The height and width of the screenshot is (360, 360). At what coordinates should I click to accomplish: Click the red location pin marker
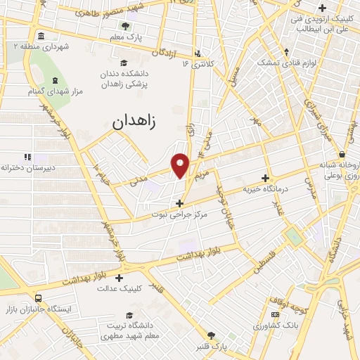coord(181,164)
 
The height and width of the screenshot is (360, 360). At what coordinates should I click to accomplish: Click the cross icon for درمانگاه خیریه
coord(265,179)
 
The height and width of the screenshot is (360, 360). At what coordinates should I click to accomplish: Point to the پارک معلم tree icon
coord(125,26)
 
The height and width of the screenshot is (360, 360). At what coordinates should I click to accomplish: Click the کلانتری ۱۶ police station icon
coord(198,52)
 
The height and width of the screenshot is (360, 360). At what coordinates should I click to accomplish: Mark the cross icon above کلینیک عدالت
coord(119,277)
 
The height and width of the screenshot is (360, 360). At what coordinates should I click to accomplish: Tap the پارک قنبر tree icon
coord(210,335)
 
